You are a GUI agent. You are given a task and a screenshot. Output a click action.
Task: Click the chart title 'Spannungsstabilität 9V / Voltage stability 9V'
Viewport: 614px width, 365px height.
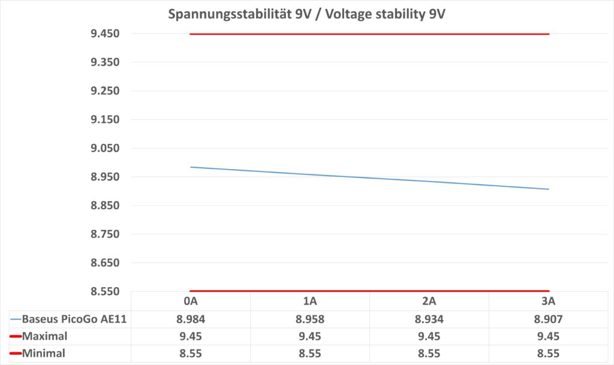tap(307, 14)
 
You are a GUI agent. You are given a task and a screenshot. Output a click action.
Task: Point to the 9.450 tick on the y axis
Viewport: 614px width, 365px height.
tap(105, 34)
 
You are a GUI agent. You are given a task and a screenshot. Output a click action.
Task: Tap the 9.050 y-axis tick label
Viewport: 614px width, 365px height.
tap(105, 149)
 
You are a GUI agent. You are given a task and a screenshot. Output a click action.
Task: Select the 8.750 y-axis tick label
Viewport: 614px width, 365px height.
tap(105, 234)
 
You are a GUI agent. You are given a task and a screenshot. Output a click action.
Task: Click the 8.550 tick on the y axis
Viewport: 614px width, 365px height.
tap(105, 292)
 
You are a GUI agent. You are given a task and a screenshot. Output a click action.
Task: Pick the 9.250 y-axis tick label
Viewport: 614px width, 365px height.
tap(105, 91)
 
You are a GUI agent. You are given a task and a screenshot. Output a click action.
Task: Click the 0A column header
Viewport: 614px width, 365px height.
tap(190, 301)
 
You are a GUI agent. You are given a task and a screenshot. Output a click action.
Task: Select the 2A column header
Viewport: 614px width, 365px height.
tap(429, 301)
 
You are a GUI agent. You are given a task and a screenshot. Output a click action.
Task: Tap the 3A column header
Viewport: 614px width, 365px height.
tap(549, 301)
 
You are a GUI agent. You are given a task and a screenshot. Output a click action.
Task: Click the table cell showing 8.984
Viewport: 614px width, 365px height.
tap(190, 319)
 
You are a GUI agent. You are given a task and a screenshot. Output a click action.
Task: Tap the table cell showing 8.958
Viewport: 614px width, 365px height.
tap(310, 319)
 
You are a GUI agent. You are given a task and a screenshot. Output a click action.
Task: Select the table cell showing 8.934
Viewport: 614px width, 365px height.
tap(429, 319)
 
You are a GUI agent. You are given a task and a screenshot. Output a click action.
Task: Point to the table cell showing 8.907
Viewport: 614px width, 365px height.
tap(549, 319)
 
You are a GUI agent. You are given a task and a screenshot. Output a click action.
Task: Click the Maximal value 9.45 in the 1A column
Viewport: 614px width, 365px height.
tap(310, 336)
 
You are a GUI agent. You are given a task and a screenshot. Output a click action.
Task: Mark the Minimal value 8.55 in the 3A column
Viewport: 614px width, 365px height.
tap(549, 354)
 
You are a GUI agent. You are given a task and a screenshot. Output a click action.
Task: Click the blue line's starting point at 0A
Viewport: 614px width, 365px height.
tap(190, 167)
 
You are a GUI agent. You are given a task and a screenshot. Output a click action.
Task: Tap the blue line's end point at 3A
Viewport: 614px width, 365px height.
tap(549, 189)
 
